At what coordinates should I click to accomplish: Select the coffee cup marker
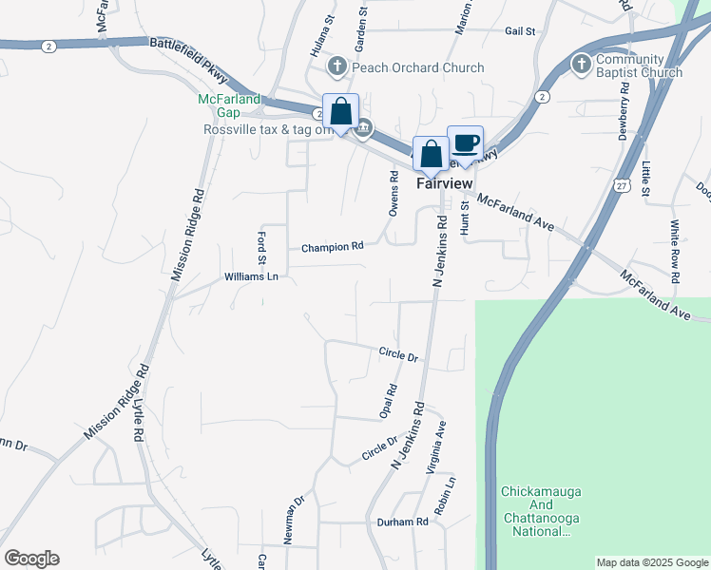click(465, 142)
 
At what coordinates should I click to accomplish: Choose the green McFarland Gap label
click(219, 105)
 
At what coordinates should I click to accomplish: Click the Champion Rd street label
click(333, 247)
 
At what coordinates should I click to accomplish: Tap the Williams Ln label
click(251, 276)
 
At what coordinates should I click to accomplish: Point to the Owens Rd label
click(393, 193)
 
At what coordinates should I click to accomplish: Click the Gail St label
click(521, 31)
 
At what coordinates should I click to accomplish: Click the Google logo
click(31, 559)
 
